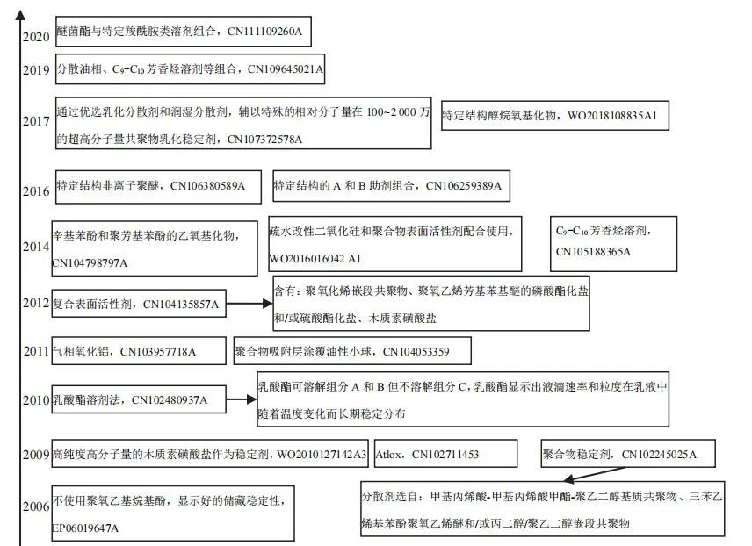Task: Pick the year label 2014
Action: click(36, 247)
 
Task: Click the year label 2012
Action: click(36, 304)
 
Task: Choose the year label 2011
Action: click(37, 352)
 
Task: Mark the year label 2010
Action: click(36, 400)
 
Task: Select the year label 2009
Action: click(36, 454)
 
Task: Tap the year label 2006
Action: click(36, 507)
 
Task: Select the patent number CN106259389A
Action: click(463, 186)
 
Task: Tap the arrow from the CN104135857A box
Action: click(247, 304)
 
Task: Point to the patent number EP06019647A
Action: click(85, 528)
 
